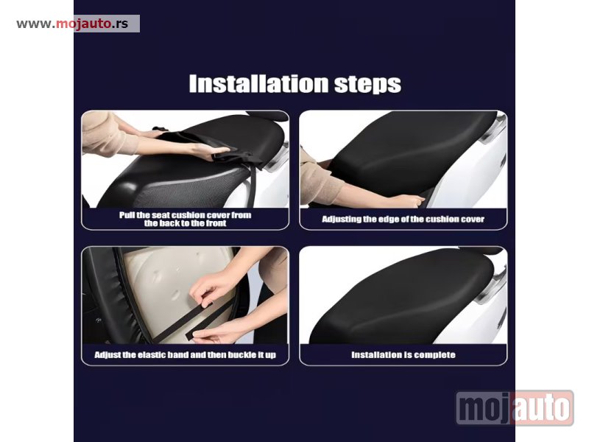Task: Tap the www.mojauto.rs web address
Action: pyautogui.click(x=72, y=24)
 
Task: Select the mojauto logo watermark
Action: pyautogui.click(x=515, y=408)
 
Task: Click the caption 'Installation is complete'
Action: pyautogui.click(x=403, y=355)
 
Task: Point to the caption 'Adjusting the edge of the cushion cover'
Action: pyautogui.click(x=403, y=219)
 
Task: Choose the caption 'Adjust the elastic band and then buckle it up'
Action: pyautogui.click(x=186, y=355)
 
